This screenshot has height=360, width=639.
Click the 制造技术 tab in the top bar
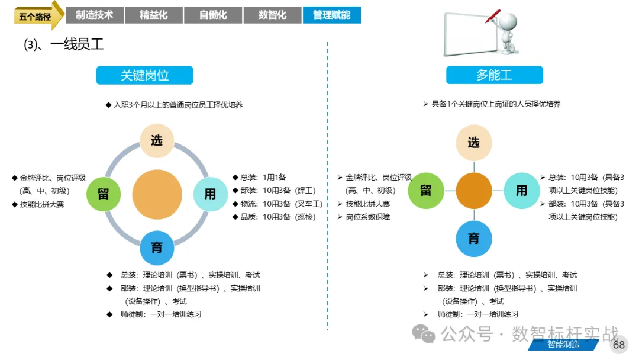tap(95, 15)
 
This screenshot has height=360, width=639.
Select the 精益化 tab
tap(154, 15)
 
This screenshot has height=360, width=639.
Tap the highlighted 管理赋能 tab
tap(332, 15)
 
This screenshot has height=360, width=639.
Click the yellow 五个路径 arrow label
tap(37, 16)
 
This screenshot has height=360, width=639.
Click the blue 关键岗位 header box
tap(145, 75)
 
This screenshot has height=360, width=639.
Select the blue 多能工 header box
tap(494, 75)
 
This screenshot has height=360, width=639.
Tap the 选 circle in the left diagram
tap(157, 141)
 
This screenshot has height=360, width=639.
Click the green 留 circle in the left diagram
tap(104, 194)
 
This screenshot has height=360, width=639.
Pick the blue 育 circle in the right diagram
tap(473, 239)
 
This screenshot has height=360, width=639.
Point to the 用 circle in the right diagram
tap(522, 191)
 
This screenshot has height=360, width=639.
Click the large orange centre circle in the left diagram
tap(157, 194)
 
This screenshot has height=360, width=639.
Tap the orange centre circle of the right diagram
tap(474, 191)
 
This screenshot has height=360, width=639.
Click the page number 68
tap(619, 345)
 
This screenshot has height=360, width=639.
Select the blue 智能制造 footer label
tap(563, 345)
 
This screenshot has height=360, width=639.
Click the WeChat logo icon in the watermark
tap(424, 335)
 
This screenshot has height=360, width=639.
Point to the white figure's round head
tap(508, 21)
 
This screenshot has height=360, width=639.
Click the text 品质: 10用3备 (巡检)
tap(278, 217)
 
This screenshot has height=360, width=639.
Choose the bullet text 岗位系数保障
tap(367, 217)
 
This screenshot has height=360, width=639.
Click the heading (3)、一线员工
tap(64, 44)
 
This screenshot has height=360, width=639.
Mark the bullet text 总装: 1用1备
tap(263, 178)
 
